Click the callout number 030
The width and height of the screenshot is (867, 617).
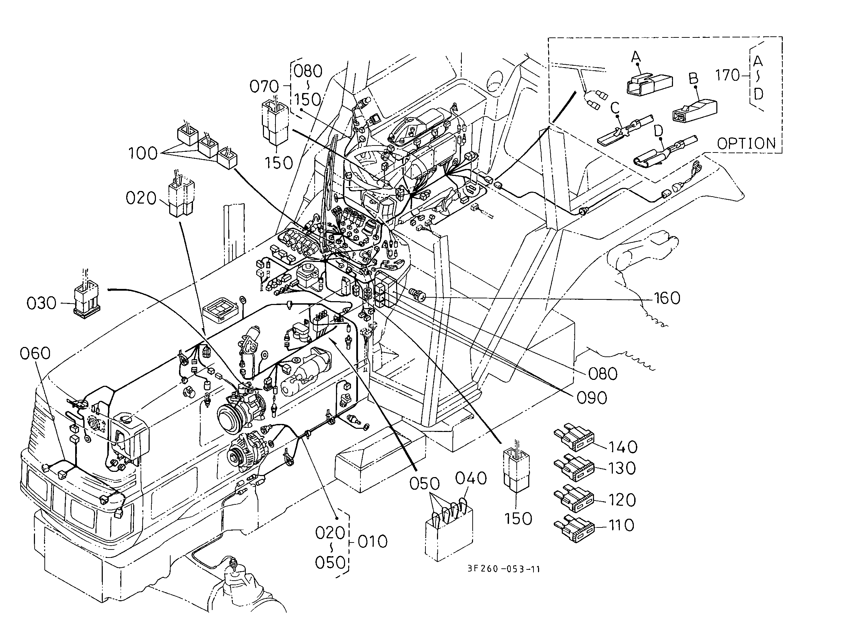(41, 303)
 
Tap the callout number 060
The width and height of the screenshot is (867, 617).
(35, 353)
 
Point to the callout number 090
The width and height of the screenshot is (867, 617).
(592, 398)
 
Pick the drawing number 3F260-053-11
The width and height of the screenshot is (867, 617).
(503, 569)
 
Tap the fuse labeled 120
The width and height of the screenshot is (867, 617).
(574, 498)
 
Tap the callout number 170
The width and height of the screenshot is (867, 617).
(728, 75)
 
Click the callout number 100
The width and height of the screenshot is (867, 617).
(143, 154)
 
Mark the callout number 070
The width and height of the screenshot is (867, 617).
(264, 87)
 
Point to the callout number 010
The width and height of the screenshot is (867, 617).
(373, 541)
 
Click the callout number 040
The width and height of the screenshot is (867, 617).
(471, 478)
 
